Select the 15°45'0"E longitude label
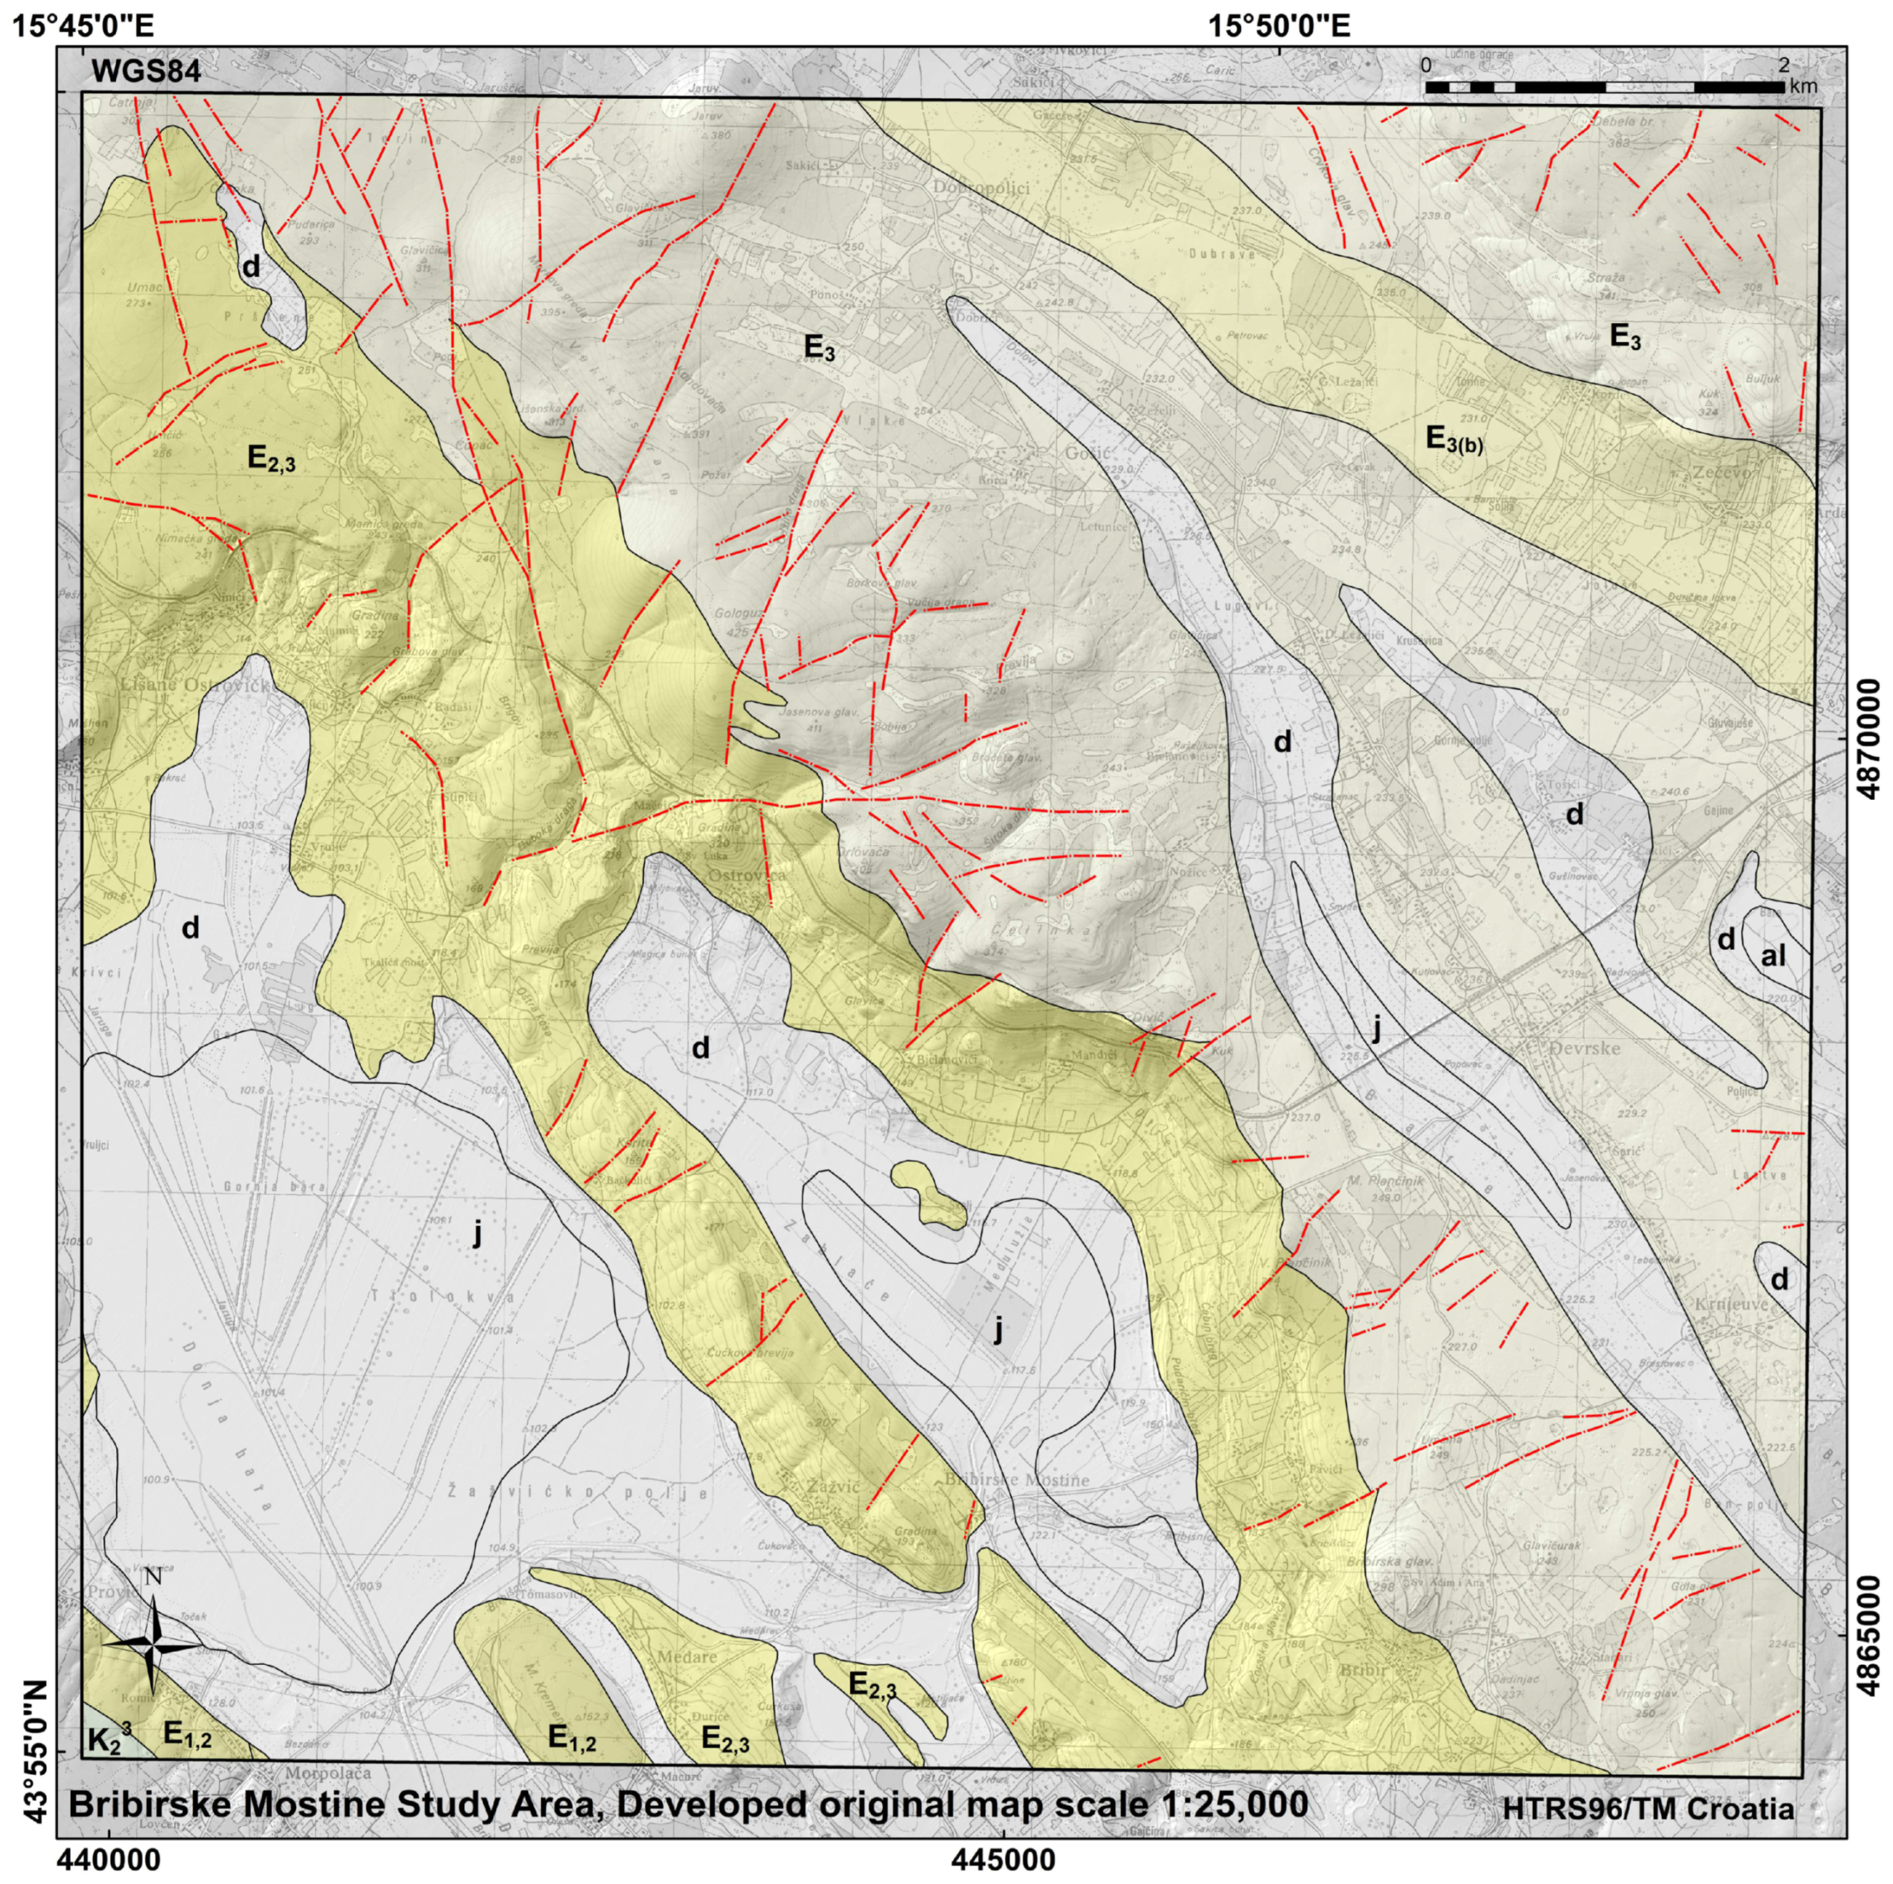tap(82, 24)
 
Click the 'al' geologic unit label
tap(1773, 956)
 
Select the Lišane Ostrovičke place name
tap(196, 683)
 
